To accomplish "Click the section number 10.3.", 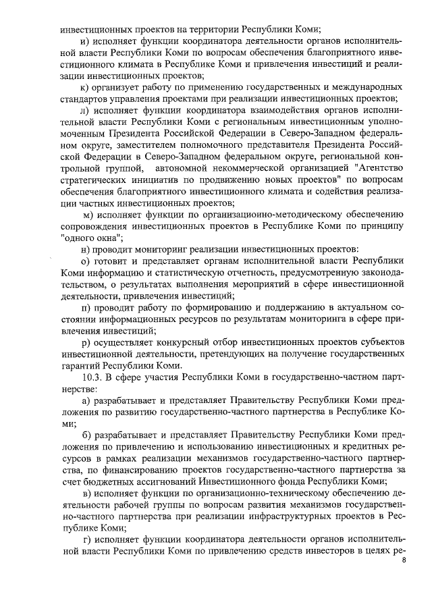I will tap(92, 377).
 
